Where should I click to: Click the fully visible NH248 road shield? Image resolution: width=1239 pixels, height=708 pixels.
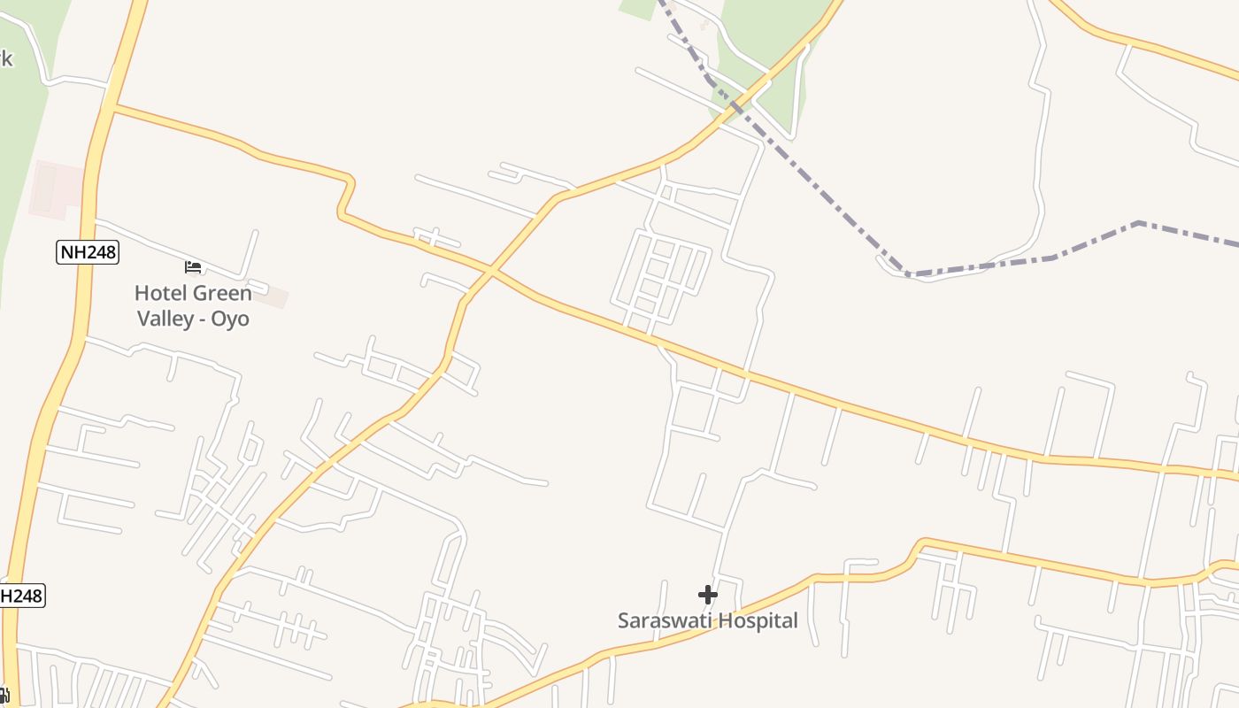pyautogui.click(x=88, y=252)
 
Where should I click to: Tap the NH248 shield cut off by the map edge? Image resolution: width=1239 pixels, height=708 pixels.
pyautogui.click(x=20, y=596)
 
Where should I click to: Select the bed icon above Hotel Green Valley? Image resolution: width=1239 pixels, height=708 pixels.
pyautogui.click(x=193, y=266)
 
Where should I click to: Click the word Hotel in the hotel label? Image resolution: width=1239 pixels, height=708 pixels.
pyautogui.click(x=161, y=293)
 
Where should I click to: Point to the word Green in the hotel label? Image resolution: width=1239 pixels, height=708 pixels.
pyautogui.click(x=222, y=293)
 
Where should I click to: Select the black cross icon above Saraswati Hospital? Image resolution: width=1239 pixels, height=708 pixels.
pyautogui.click(x=708, y=595)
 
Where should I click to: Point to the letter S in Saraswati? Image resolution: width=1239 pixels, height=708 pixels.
pyautogui.click(x=623, y=620)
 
